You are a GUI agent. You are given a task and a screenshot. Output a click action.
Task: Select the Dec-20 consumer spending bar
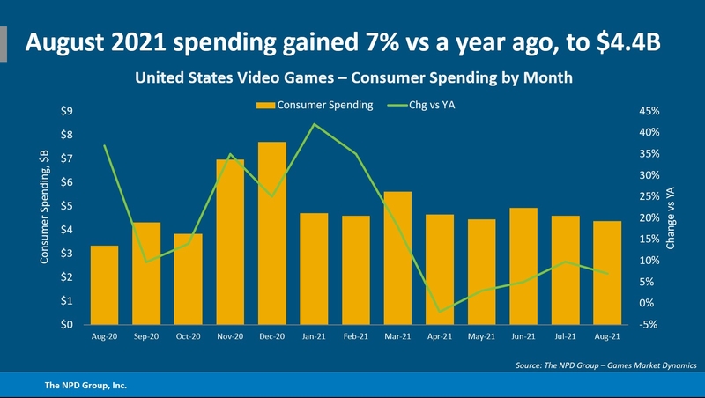click(x=272, y=232)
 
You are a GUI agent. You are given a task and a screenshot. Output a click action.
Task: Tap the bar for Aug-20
click(x=104, y=284)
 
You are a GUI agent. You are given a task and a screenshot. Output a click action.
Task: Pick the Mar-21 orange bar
click(x=397, y=257)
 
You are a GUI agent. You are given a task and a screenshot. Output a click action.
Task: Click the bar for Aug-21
click(x=607, y=272)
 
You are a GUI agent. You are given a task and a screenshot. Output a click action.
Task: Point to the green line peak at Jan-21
click(x=314, y=124)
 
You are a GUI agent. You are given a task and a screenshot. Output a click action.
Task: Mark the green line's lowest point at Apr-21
click(x=440, y=312)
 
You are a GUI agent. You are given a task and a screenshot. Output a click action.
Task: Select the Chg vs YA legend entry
click(x=436, y=106)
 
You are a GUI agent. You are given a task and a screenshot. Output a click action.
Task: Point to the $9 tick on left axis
click(x=66, y=111)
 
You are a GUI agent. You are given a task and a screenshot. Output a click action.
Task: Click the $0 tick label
click(x=66, y=325)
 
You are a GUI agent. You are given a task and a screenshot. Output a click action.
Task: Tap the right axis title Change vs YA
click(x=671, y=217)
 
